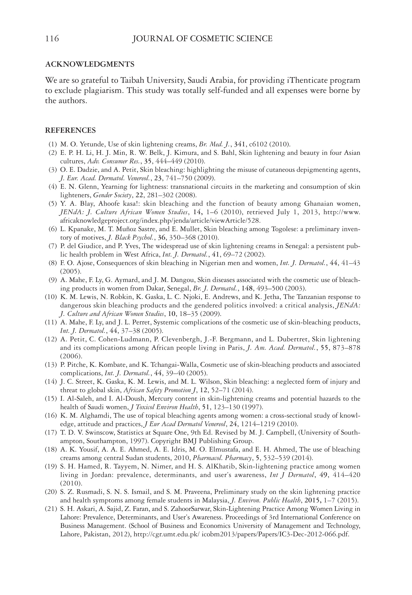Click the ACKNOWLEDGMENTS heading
pyautogui.click(x=90, y=64)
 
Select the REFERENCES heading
pyautogui.click(x=70, y=131)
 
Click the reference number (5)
pyautogui.click(x=53, y=204)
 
